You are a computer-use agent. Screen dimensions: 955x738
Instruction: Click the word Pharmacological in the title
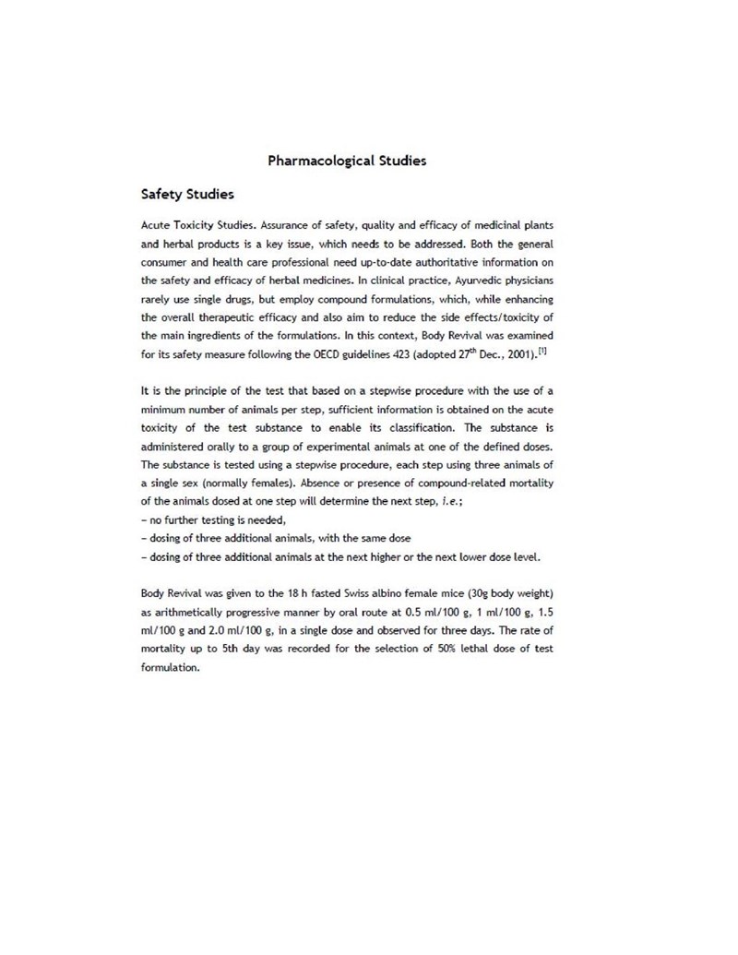click(x=320, y=161)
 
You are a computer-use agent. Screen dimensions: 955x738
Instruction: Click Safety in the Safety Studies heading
click(x=162, y=195)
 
